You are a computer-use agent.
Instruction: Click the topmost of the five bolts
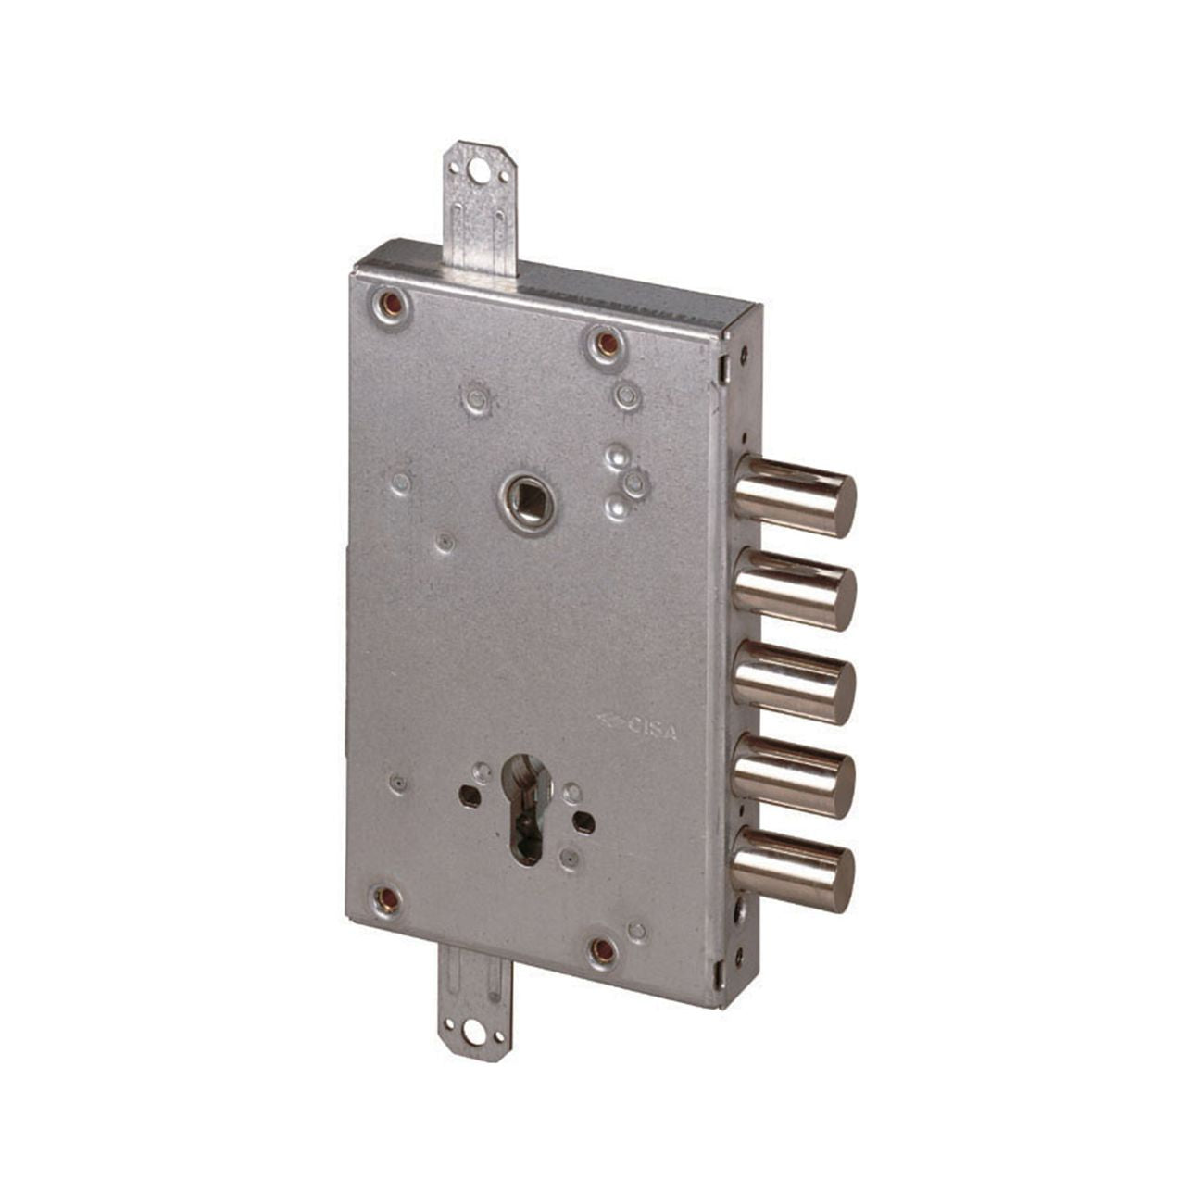[794, 495]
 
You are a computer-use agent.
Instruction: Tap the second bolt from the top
[794, 589]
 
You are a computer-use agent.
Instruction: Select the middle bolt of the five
[794, 683]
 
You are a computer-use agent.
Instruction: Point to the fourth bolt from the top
[794, 776]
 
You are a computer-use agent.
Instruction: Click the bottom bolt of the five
[794, 870]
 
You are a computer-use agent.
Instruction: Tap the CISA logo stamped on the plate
[636, 727]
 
